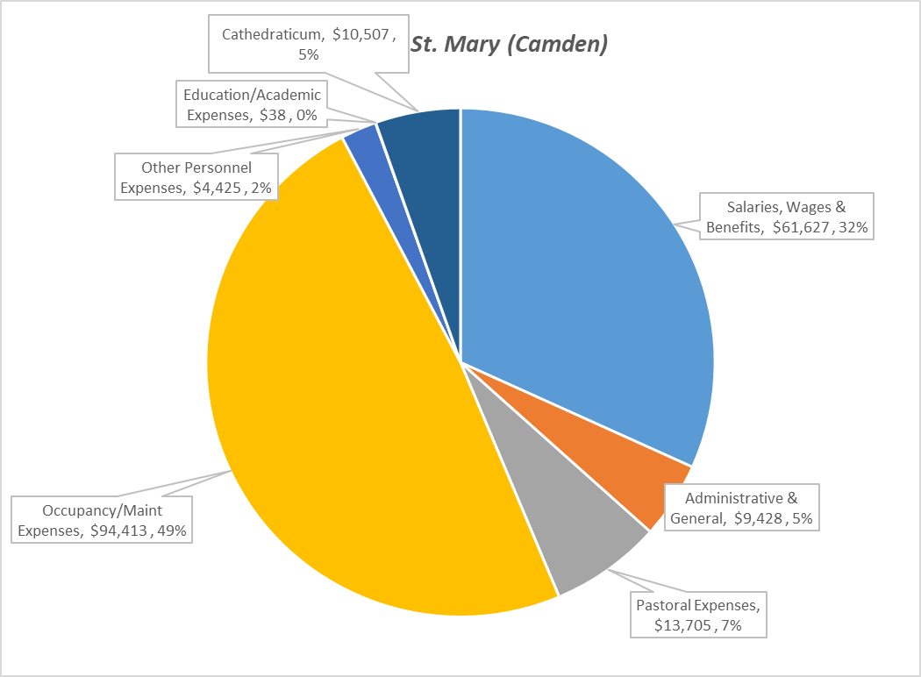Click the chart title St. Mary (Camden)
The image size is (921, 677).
pyautogui.click(x=509, y=44)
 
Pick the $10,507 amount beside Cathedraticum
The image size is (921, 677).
pyautogui.click(x=361, y=35)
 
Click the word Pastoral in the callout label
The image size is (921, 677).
pyautogui.click(x=663, y=605)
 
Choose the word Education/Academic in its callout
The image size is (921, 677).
pyautogui.click(x=252, y=95)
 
